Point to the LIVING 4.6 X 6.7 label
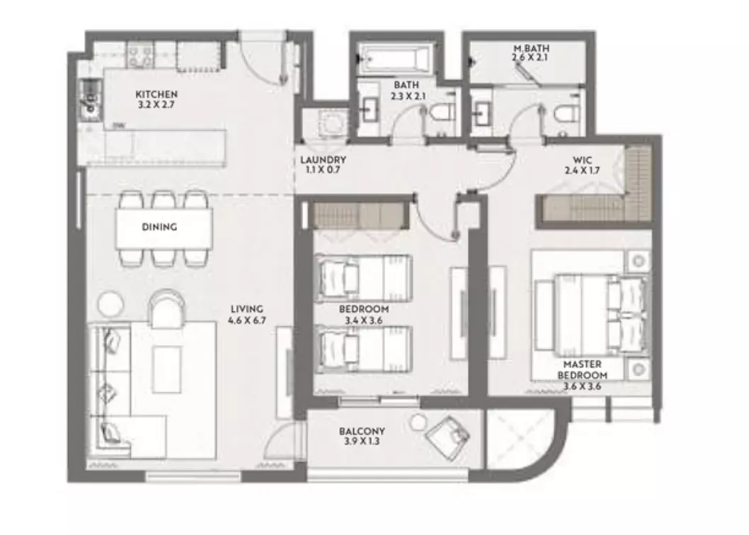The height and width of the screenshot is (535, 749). click(246, 314)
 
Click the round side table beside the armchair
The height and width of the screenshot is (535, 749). click(110, 304)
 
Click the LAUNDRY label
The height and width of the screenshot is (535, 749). click(323, 165)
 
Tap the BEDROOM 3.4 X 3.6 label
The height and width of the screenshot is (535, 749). click(364, 315)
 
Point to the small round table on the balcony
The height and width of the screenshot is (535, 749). click(418, 422)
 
